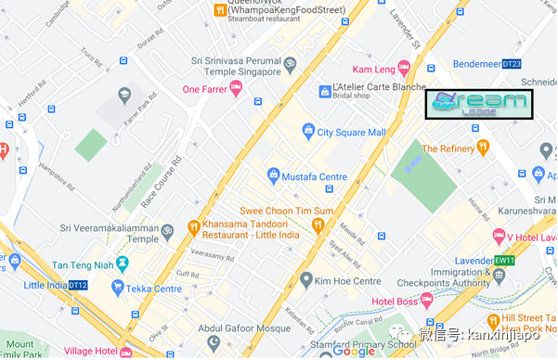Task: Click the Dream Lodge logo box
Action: [x=479, y=105]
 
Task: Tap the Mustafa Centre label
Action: [x=315, y=175]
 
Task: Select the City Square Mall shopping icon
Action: [x=308, y=133]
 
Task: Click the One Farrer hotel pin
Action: [x=236, y=88]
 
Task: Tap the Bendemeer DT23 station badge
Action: [x=511, y=64]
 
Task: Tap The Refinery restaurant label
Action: [x=448, y=148]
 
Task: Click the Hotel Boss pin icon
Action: [x=427, y=299]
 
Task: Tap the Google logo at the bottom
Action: [x=354, y=351]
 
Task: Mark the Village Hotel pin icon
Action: [x=128, y=351]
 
